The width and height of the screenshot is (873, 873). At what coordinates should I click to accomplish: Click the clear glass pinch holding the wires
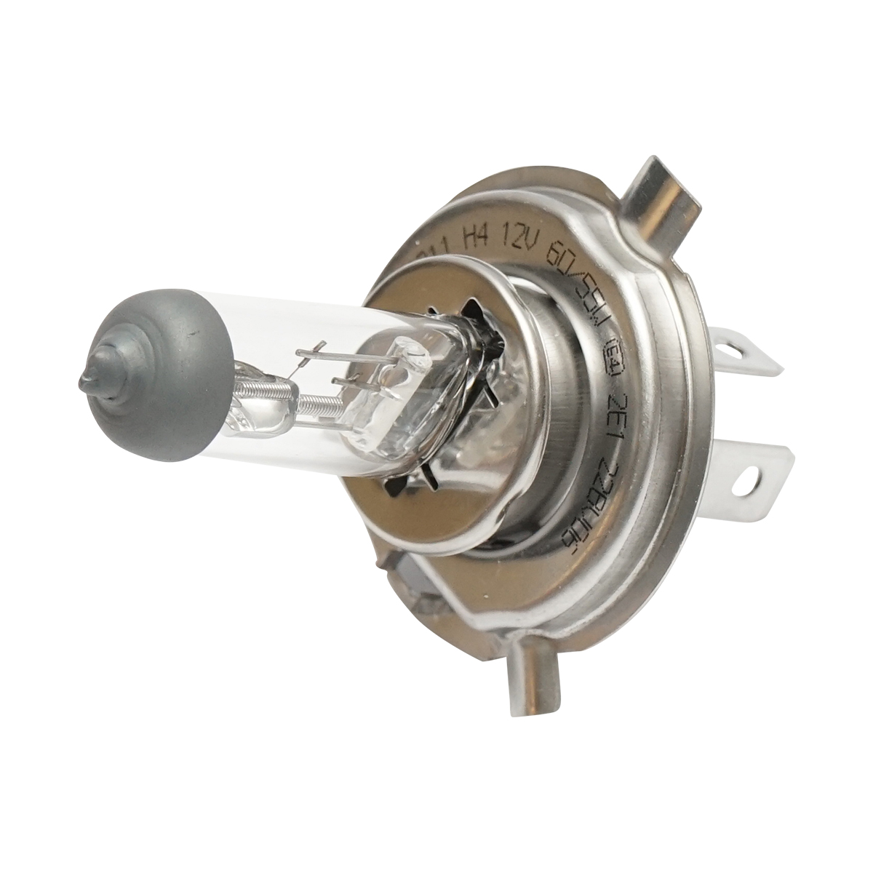[393, 407]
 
